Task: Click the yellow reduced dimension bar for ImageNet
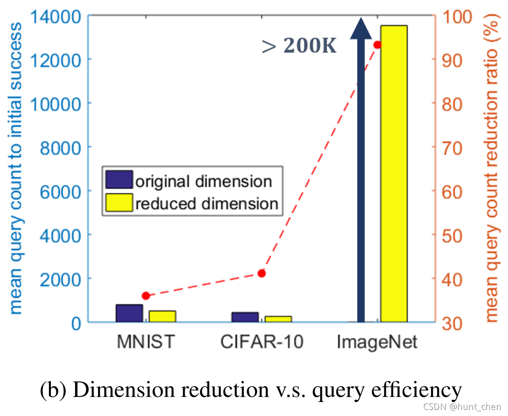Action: point(393,173)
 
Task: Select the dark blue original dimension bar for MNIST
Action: point(129,313)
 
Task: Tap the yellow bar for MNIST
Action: point(162,316)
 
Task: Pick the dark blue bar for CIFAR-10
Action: point(245,317)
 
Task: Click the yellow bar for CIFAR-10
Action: point(278,319)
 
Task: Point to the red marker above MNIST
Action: point(146,296)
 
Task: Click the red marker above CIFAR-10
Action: point(262,273)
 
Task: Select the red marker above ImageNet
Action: point(378,45)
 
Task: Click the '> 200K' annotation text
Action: point(299,46)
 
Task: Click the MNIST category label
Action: point(146,342)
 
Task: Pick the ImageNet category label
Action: point(377,342)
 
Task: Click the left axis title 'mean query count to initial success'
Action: point(15,168)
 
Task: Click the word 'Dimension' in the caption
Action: point(110,389)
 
